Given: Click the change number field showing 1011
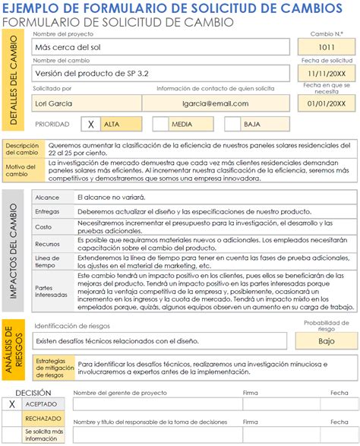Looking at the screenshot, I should pyautogui.click(x=326, y=47).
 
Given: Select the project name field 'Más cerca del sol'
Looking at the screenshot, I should pyautogui.click(x=161, y=47).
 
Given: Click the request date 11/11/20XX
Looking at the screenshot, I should pyautogui.click(x=326, y=74).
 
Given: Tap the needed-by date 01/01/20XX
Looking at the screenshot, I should pyautogui.click(x=326, y=103).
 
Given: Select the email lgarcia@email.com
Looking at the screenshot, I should pyautogui.click(x=216, y=102).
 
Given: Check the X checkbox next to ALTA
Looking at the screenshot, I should pyautogui.click(x=91, y=124).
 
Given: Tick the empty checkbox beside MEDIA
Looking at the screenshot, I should pyautogui.click(x=160, y=124).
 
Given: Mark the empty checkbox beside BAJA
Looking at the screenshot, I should pyautogui.click(x=229, y=124).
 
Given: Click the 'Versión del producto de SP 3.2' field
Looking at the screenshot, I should pyautogui.click(x=161, y=74).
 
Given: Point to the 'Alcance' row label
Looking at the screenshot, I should pyautogui.click(x=46, y=198).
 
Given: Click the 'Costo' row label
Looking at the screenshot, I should pyautogui.click(x=43, y=226).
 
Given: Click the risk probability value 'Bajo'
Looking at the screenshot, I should pyautogui.click(x=326, y=341).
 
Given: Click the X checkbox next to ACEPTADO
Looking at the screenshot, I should pyautogui.click(x=11, y=405).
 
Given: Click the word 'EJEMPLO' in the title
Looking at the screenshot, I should pyautogui.click(x=34, y=8).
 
